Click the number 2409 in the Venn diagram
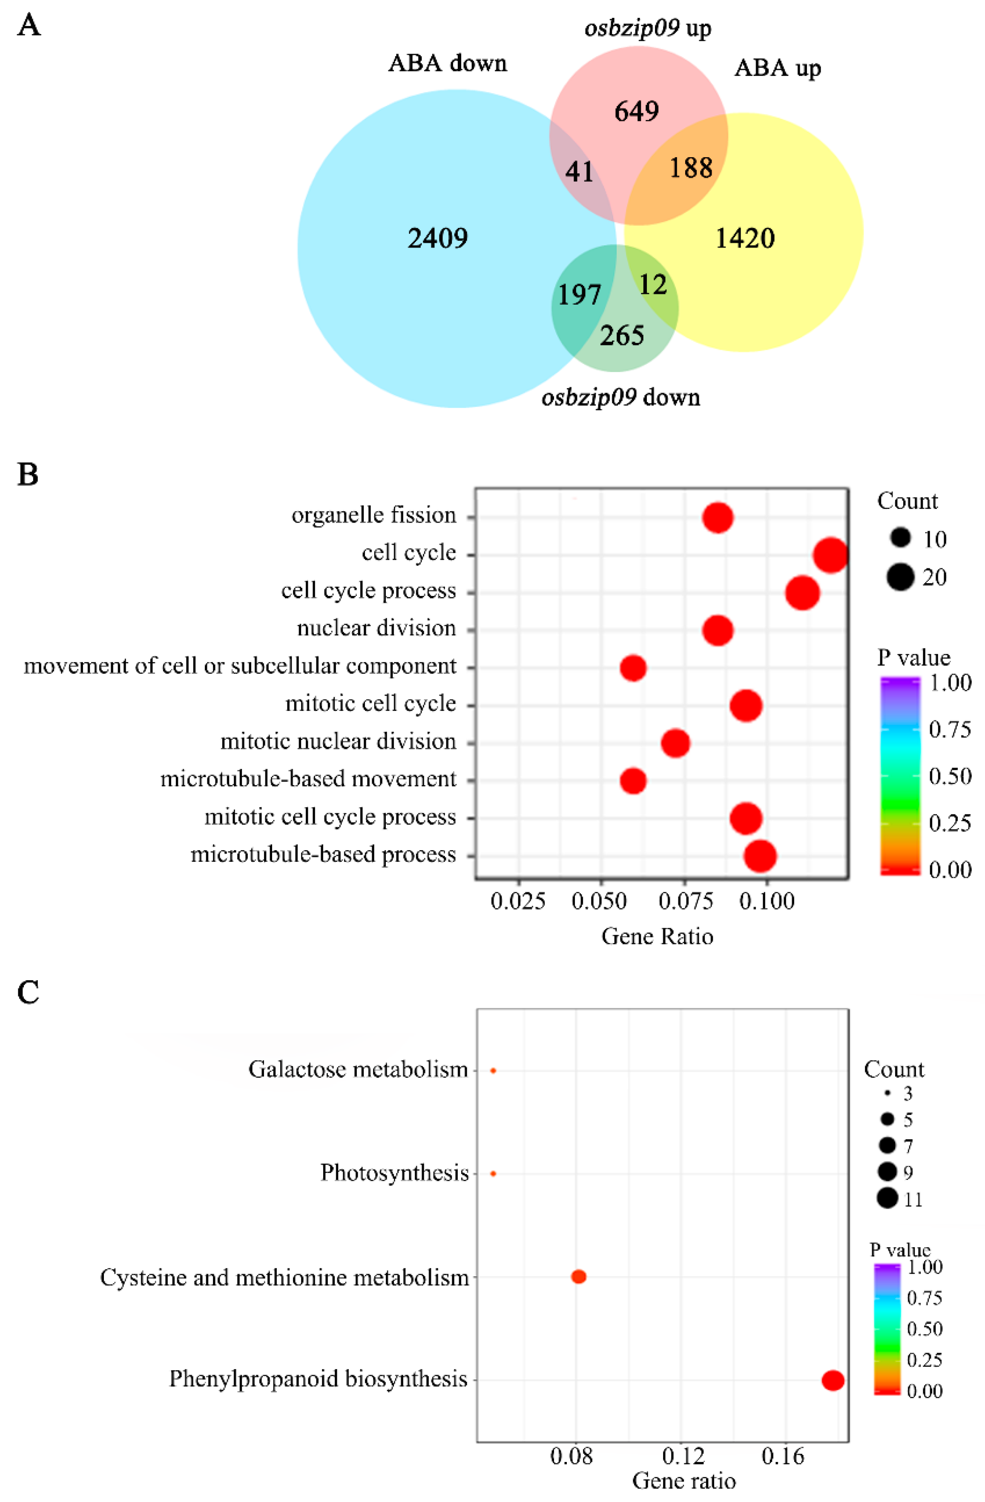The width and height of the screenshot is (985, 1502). click(437, 239)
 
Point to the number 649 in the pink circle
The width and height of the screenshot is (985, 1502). click(636, 112)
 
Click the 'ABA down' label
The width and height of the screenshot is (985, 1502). click(448, 63)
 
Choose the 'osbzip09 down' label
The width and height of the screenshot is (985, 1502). click(621, 397)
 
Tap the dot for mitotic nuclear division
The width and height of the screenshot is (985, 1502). click(675, 743)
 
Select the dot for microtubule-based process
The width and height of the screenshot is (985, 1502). click(760, 856)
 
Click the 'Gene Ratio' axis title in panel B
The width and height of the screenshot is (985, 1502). click(657, 936)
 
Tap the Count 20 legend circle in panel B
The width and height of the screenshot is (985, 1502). click(900, 577)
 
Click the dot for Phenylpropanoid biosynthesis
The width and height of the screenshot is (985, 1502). click(832, 1380)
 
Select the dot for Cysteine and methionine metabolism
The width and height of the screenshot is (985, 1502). click(578, 1277)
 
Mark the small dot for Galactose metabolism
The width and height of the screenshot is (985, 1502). click(493, 1071)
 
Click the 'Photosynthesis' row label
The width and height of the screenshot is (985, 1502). click(394, 1173)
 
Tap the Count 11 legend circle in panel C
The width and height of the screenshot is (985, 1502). click(887, 1198)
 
